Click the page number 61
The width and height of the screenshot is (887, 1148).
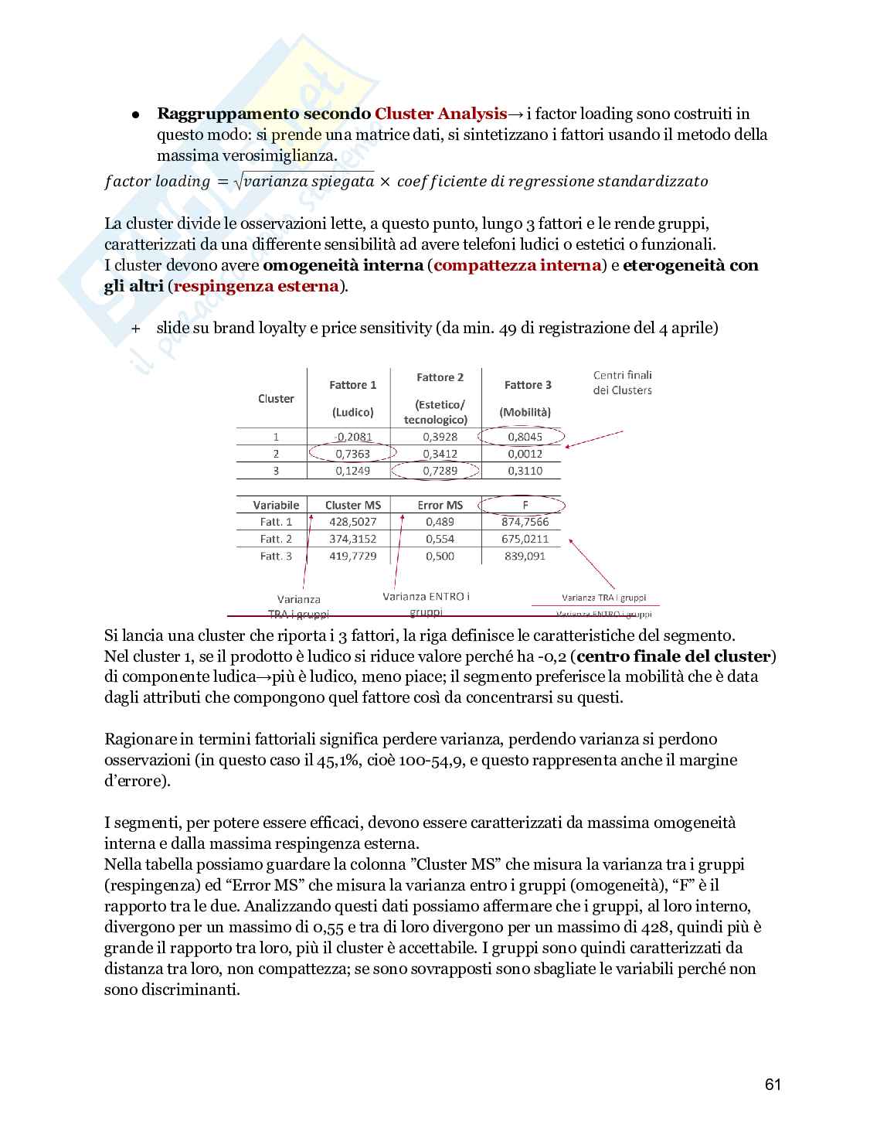click(x=773, y=1085)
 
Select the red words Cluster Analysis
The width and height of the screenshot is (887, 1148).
click(x=440, y=114)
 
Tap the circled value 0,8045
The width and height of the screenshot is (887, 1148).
click(x=525, y=437)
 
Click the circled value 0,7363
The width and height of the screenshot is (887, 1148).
click(x=352, y=454)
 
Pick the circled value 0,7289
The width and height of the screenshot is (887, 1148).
click(x=440, y=471)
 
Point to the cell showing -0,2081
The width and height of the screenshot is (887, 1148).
click(x=353, y=437)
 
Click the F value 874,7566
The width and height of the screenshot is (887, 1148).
click(x=525, y=522)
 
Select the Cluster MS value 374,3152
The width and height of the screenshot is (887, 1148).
click(x=352, y=539)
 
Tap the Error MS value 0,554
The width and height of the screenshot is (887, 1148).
click(x=440, y=539)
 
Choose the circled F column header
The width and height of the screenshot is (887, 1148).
click(x=525, y=505)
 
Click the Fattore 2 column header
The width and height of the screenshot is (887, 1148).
click(x=440, y=377)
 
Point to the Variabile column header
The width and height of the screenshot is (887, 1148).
click(x=276, y=505)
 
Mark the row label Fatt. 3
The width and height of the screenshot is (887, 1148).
click(x=276, y=556)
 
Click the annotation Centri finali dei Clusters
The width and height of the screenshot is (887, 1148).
click(x=622, y=383)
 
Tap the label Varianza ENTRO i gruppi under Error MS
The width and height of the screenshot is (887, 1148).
click(x=426, y=603)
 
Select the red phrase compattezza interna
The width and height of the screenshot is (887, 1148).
click(x=517, y=265)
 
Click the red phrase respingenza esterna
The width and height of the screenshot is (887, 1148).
click(x=256, y=286)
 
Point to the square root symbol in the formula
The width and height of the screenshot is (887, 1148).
click(x=238, y=181)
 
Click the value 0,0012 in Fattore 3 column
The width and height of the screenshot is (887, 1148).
click(x=525, y=454)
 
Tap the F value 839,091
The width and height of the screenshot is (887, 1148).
click(x=525, y=556)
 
